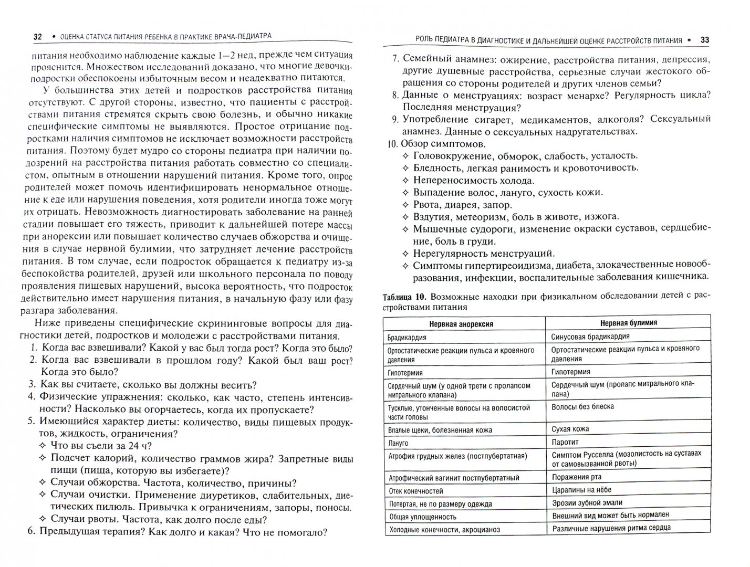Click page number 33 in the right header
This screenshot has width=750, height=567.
(705, 40)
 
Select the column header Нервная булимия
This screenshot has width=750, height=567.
(628, 323)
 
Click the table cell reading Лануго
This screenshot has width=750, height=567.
(398, 444)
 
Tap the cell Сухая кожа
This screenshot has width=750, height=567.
(570, 429)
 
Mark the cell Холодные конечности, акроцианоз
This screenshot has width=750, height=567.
(444, 530)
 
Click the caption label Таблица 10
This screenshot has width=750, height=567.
(403, 297)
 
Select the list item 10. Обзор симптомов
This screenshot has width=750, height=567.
(436, 143)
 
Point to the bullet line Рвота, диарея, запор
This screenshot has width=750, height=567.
(462, 205)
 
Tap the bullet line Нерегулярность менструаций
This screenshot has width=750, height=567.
(484, 254)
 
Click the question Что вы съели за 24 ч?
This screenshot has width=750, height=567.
(101, 446)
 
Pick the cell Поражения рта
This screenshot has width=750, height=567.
(577, 477)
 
